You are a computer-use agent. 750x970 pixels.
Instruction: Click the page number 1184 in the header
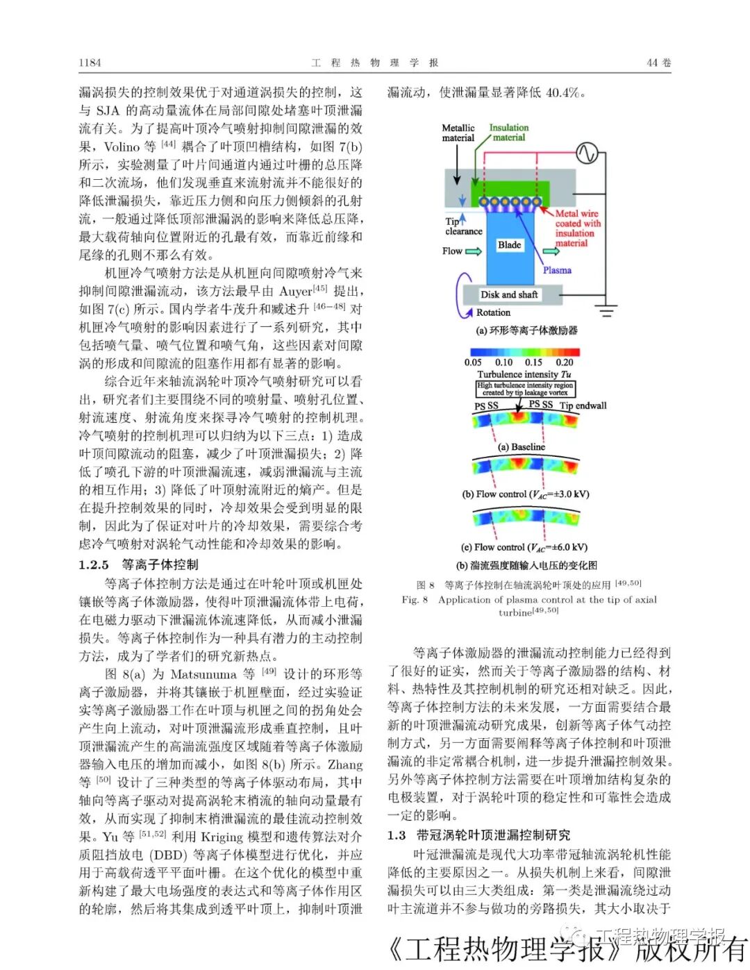pos(90,62)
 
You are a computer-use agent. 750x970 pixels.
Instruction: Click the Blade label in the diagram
pos(509,244)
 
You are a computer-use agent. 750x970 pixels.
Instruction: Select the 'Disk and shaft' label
pos(509,294)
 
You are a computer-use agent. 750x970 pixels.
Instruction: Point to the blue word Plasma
pos(557,270)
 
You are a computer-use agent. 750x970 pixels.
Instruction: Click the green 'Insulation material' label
pos(508,133)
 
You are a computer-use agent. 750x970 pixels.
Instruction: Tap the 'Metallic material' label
pos(458,133)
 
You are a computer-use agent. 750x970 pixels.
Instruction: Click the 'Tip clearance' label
pos(462,226)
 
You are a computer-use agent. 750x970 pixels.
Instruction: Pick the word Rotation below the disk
pos(493,312)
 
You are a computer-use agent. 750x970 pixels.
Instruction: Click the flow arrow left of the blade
pos(473,251)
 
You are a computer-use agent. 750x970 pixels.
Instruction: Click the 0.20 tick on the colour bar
pos(565,362)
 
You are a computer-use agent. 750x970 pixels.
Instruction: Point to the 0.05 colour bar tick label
pos(473,362)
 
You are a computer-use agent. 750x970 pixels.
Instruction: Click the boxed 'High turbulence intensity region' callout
pos(526,389)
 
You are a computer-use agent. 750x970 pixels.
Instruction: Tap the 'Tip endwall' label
pos(583,405)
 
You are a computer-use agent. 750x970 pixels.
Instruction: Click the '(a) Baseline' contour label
pos(522,447)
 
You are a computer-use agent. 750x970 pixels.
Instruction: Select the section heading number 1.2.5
pos(94,565)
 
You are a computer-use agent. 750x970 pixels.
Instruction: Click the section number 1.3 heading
pos(397,835)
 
